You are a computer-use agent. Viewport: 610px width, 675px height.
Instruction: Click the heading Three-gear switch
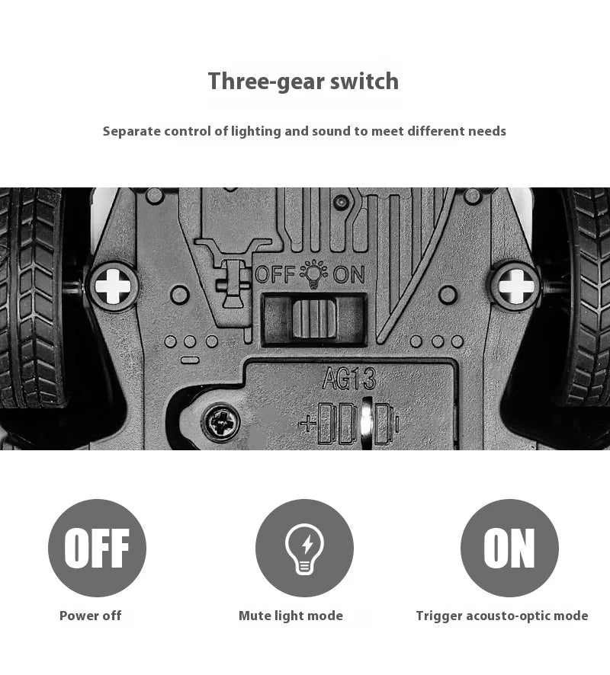tap(303, 82)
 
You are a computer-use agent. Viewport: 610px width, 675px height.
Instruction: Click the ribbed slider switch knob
tap(313, 318)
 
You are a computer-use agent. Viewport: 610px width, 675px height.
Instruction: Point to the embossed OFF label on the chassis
tap(274, 275)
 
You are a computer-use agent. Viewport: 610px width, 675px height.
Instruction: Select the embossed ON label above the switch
tap(349, 275)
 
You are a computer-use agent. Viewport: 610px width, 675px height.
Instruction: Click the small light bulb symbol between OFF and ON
tap(313, 274)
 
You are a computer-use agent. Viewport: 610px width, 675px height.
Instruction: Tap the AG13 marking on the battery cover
tap(349, 379)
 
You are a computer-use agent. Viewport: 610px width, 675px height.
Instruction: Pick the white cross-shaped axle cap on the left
tap(113, 286)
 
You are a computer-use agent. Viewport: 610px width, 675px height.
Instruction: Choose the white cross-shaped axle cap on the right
tap(516, 286)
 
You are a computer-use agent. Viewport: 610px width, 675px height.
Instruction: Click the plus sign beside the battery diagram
tap(307, 424)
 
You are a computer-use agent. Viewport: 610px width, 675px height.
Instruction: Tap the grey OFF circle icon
tap(98, 548)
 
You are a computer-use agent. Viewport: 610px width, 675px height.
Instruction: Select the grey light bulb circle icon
tap(304, 548)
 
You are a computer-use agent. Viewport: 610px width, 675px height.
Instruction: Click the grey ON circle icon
tap(509, 548)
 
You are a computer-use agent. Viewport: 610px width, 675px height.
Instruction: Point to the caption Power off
tap(91, 616)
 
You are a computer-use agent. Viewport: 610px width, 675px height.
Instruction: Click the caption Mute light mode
tap(291, 616)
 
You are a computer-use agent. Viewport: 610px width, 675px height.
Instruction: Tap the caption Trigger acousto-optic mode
tap(502, 616)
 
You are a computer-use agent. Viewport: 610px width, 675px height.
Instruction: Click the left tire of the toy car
tap(32, 297)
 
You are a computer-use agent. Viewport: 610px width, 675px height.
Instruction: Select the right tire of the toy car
tap(586, 297)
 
